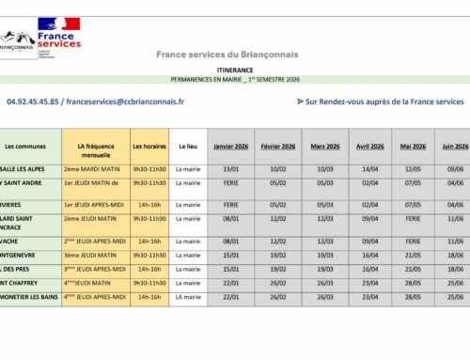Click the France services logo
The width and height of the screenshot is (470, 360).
click(58, 34)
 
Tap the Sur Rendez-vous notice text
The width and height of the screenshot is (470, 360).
click(380, 101)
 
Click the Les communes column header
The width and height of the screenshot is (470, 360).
click(24, 147)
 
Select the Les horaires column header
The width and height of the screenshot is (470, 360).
click(149, 147)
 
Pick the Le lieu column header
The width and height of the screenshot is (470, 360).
click(188, 147)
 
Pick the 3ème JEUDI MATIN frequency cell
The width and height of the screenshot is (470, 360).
click(93, 254)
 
